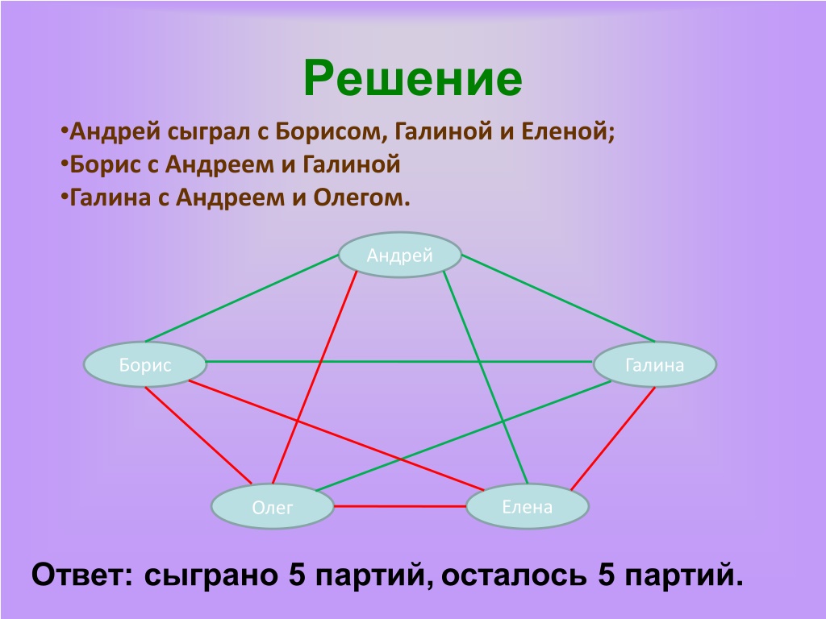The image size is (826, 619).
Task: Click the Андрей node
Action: [x=400, y=255]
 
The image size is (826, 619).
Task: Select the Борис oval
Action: [x=145, y=364]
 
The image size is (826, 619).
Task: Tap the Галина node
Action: [x=655, y=364]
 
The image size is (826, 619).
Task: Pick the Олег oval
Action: [x=273, y=506]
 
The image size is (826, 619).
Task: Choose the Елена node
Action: [x=528, y=506]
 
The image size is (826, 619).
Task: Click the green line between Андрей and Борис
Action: [x=242, y=298]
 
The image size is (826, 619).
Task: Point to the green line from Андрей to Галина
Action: [x=558, y=298]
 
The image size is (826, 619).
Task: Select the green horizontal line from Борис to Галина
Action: [x=398, y=362]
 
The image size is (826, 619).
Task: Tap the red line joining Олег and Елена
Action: [x=400, y=506]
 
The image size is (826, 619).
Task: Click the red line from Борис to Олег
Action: [x=198, y=435]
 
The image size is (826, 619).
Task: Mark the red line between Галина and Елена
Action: [x=613, y=438]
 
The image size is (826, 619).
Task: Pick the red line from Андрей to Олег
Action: [x=315, y=377]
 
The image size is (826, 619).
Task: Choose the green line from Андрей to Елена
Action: [x=485, y=377]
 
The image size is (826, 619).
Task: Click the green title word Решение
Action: [x=413, y=78]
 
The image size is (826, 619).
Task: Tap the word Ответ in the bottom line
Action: [x=83, y=574]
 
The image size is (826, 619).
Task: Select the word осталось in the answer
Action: [x=514, y=575]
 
